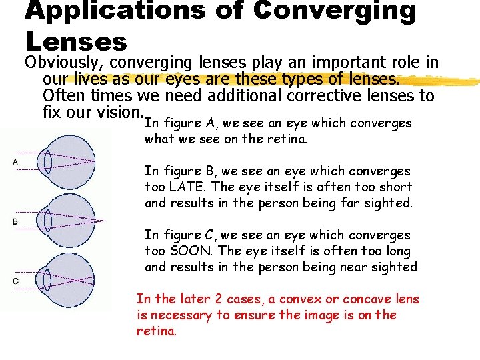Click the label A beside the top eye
click(x=15, y=162)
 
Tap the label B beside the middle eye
click(x=15, y=221)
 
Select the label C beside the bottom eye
click(x=15, y=281)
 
